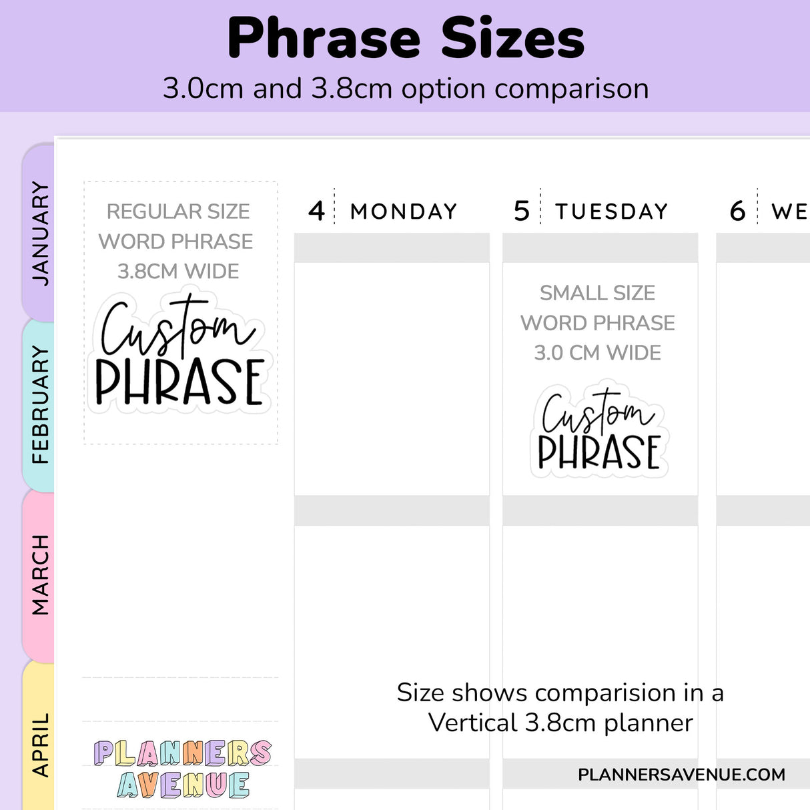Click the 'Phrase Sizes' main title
pyautogui.click(x=406, y=39)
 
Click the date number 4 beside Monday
pyautogui.click(x=316, y=211)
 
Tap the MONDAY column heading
pyautogui.click(x=404, y=212)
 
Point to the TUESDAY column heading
pyautogui.click(x=611, y=212)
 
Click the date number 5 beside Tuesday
pyautogui.click(x=521, y=211)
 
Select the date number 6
pyautogui.click(x=737, y=212)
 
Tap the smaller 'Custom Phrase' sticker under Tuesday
pyautogui.click(x=599, y=430)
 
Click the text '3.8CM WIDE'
pyautogui.click(x=178, y=272)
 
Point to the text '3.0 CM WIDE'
pyautogui.click(x=597, y=352)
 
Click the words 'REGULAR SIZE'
pyautogui.click(x=178, y=212)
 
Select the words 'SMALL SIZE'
pyautogui.click(x=597, y=293)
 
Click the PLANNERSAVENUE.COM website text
pyautogui.click(x=681, y=775)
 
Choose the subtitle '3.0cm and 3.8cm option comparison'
pyautogui.click(x=406, y=89)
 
